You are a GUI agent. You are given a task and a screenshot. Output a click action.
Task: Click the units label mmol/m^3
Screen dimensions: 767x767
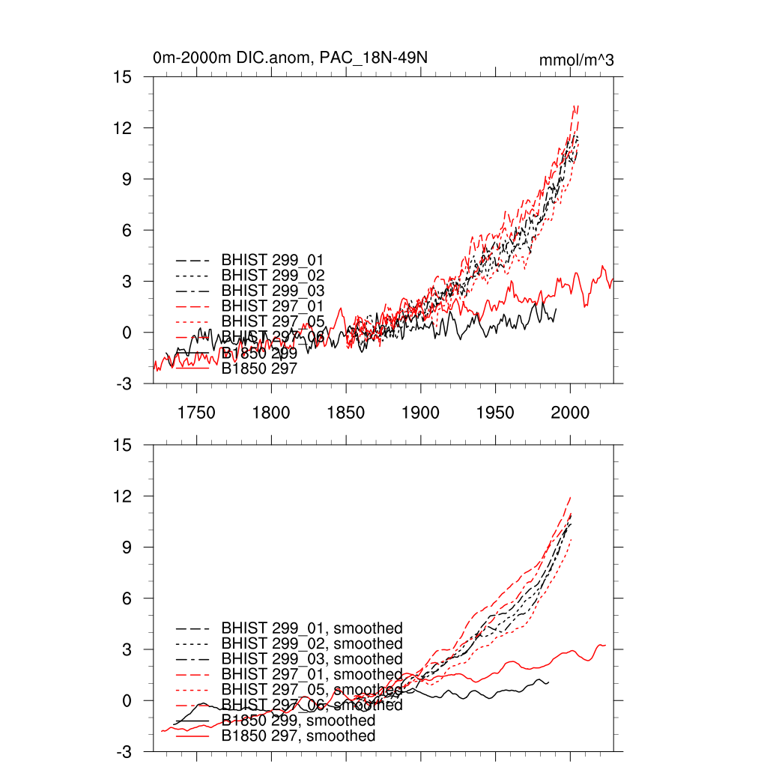[576, 61]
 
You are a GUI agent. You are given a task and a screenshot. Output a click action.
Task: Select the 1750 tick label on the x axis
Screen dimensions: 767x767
[196, 412]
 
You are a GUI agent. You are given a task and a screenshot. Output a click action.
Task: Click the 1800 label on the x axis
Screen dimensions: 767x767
[271, 412]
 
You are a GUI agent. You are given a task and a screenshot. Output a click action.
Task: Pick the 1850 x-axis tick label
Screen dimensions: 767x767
[346, 412]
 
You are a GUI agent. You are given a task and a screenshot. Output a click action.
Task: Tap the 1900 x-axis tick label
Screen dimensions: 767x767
[421, 412]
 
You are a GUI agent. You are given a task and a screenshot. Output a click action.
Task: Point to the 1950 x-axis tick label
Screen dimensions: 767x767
[496, 412]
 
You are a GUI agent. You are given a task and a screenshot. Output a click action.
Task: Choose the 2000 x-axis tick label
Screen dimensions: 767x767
[571, 412]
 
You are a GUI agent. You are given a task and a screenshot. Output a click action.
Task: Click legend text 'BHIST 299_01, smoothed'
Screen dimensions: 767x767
[312, 628]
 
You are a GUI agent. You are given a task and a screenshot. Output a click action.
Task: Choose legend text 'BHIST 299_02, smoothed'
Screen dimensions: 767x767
[312, 643]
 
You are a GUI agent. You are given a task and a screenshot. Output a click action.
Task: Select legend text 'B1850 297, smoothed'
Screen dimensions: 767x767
[298, 736]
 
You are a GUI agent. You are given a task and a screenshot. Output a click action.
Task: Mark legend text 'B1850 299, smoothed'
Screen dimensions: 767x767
[298, 721]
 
